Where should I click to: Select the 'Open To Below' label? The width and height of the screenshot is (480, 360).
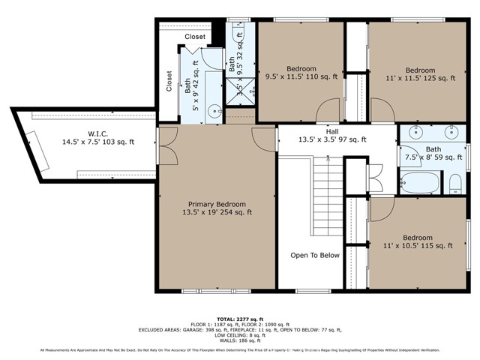[315, 255]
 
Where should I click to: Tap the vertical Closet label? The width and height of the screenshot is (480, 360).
[169, 82]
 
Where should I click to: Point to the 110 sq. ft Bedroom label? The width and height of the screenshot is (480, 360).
[301, 71]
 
